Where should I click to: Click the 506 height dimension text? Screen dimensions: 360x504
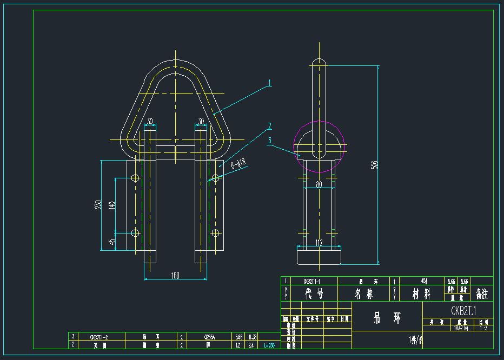(374, 165)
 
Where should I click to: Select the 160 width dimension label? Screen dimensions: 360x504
(175, 276)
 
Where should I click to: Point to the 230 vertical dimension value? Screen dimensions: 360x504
(98, 205)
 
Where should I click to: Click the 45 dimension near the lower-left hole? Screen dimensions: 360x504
(112, 242)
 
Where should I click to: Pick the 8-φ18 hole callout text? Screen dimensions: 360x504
(238, 163)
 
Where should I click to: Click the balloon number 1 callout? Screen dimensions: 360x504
(269, 84)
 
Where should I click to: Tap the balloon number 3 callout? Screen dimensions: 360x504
(269, 140)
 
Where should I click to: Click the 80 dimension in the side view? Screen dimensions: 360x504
(319, 184)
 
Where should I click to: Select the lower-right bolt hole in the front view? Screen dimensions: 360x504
(215, 233)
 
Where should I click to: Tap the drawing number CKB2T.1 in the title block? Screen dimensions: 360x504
(463, 311)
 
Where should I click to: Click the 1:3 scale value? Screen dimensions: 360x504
(483, 328)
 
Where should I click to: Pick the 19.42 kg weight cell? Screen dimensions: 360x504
(460, 328)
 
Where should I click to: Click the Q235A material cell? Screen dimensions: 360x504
(209, 337)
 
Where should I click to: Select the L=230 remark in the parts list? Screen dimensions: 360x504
(269, 345)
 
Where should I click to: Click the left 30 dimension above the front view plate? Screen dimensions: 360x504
(150, 121)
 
